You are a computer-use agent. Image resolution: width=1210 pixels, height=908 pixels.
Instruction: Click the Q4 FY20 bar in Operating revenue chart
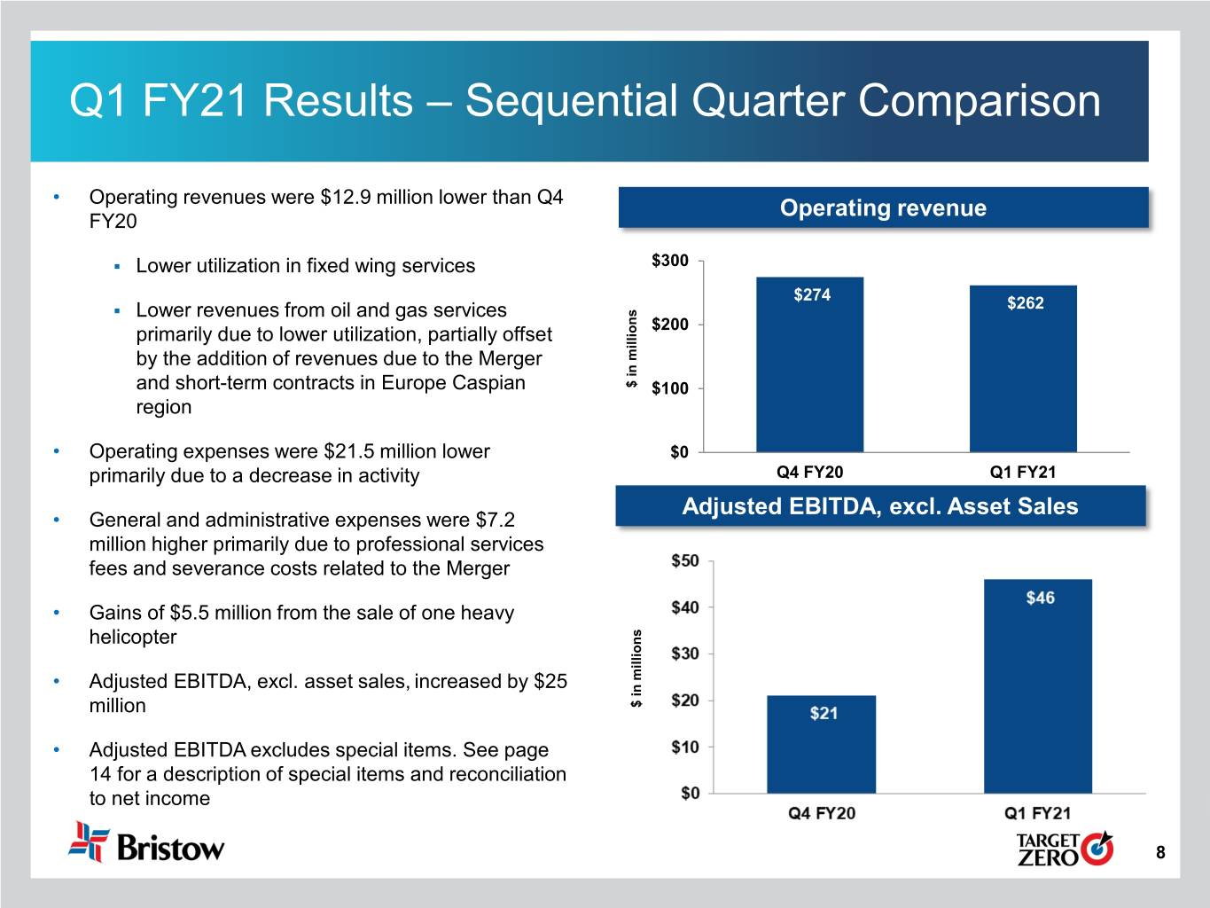click(809, 372)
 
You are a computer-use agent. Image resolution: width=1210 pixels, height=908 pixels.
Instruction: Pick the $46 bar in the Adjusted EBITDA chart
click(1037, 692)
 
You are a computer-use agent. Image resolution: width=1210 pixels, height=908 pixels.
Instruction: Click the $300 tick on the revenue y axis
click(670, 261)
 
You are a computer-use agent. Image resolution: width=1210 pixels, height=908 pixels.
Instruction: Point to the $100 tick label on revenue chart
click(670, 388)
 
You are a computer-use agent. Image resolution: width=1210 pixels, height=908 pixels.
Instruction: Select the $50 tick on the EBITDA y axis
click(685, 561)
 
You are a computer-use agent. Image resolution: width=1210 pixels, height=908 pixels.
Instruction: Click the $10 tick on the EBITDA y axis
click(685, 748)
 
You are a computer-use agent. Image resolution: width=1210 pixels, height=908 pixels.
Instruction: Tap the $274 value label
click(812, 295)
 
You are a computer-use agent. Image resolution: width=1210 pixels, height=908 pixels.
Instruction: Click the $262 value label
click(1026, 303)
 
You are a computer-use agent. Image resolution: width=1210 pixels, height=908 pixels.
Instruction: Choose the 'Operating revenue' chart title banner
click(883, 208)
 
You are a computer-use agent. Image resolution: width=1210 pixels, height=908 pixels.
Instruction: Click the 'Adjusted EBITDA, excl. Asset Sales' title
click(880, 506)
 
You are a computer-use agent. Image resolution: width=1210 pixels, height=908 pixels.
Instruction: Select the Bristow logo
click(147, 843)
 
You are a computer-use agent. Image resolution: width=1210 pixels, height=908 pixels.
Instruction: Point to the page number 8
click(1160, 853)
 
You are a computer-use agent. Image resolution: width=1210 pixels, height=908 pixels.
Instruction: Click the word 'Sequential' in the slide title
click(572, 100)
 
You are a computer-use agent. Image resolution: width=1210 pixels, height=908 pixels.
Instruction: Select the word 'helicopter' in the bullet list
click(133, 637)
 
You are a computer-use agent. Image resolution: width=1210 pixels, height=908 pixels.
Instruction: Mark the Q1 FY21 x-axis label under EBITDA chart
click(1037, 813)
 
